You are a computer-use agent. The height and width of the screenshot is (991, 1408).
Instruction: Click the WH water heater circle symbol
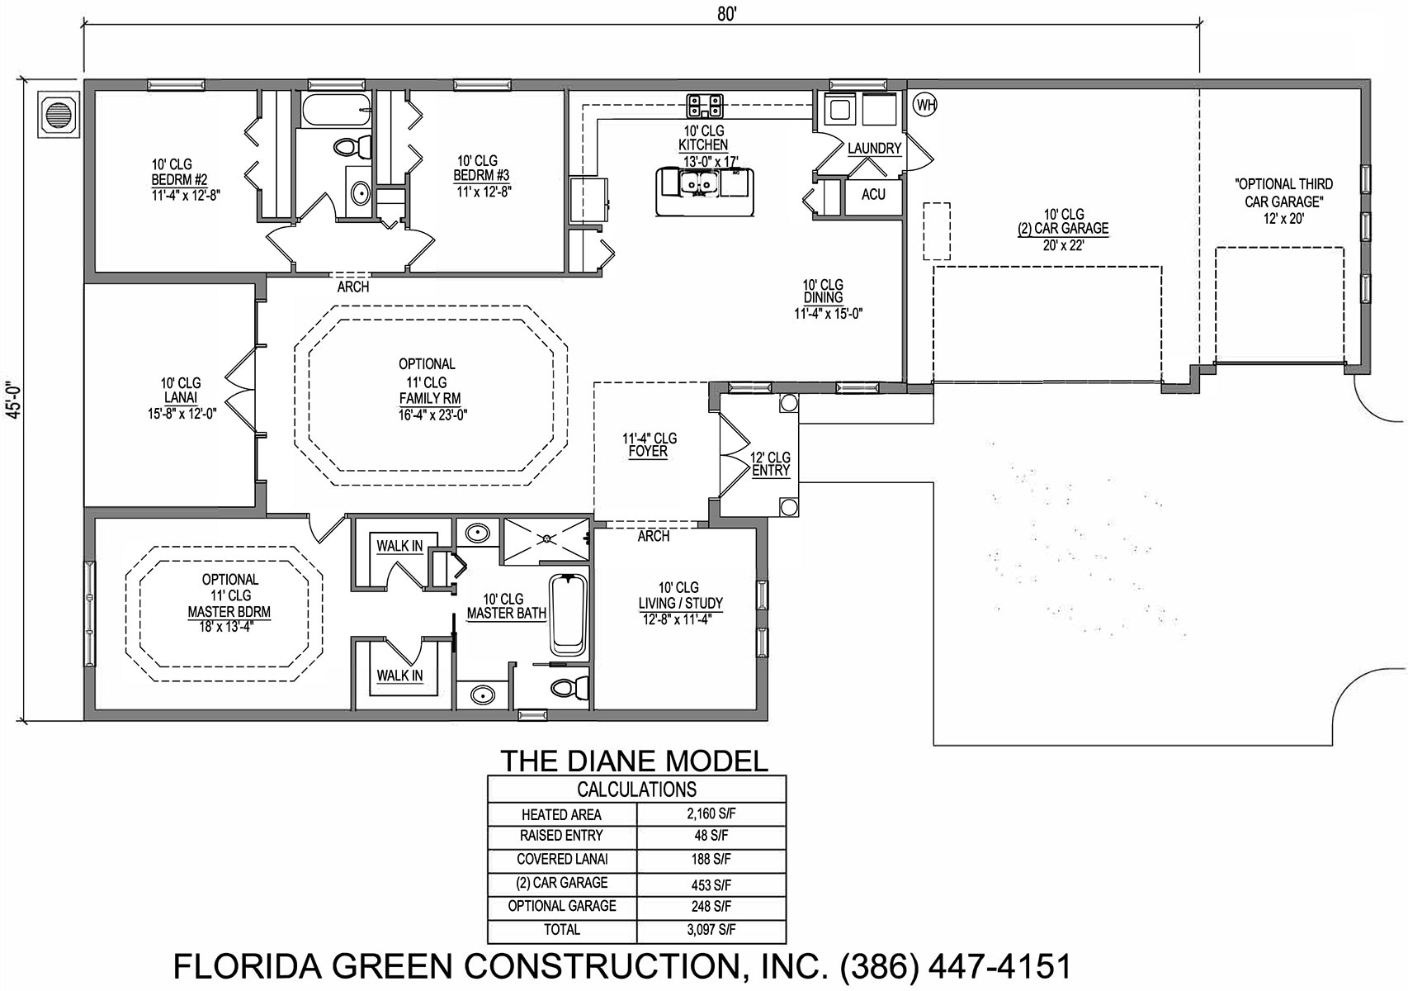925,104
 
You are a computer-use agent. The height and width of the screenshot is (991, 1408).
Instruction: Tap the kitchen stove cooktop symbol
704,107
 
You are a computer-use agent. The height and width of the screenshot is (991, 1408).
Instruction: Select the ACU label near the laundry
873,194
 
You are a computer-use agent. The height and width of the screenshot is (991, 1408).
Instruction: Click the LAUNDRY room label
874,149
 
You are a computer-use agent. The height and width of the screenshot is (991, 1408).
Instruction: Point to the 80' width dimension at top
726,15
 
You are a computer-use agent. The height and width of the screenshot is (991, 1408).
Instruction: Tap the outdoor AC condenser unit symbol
59,113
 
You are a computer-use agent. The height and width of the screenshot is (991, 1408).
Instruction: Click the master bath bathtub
568,615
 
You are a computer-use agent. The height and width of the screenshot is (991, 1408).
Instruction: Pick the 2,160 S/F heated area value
711,813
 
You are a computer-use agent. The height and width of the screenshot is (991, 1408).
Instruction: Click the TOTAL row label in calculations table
562,929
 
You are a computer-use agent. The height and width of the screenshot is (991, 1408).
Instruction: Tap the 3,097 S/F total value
711,929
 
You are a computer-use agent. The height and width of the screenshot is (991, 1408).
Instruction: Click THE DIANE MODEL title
634,761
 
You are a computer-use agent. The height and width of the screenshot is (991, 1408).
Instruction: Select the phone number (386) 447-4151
956,966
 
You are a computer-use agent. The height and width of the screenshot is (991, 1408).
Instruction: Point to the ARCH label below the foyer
653,536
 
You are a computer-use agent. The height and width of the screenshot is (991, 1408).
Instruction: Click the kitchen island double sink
701,183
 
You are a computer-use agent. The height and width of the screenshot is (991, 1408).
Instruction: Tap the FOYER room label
648,452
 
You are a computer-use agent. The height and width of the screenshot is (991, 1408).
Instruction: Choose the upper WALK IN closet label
399,546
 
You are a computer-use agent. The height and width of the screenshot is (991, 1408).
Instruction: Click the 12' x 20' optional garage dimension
1284,219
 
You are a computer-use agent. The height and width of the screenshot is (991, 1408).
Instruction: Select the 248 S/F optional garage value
711,907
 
